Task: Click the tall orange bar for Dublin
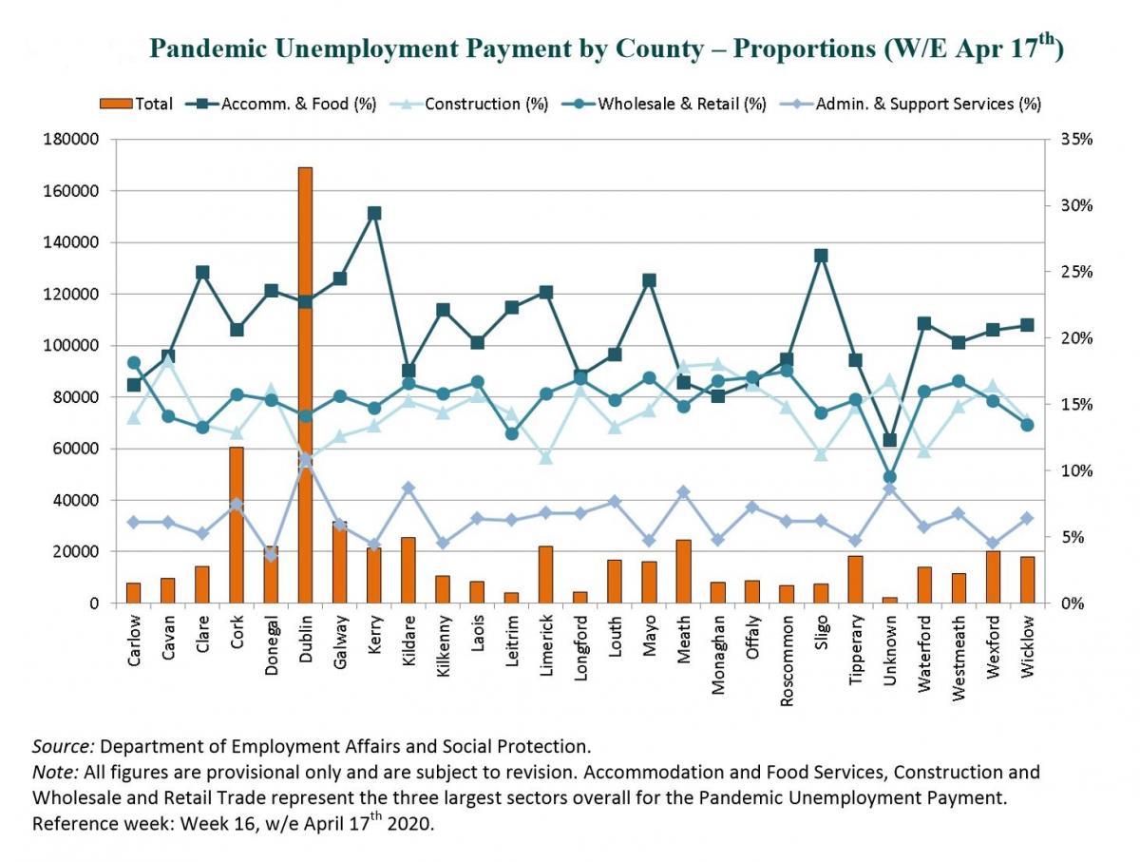pos(305,380)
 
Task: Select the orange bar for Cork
pos(237,523)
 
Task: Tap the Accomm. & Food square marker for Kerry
pos(373,214)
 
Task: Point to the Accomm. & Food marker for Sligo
pos(821,256)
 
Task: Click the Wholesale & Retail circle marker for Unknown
pos(889,477)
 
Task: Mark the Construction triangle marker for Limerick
pos(545,458)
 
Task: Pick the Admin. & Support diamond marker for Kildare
pos(408,488)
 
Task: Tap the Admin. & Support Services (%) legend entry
pos(927,104)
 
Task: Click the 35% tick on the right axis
pos(1073,140)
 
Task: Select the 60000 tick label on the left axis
pos(76,449)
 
